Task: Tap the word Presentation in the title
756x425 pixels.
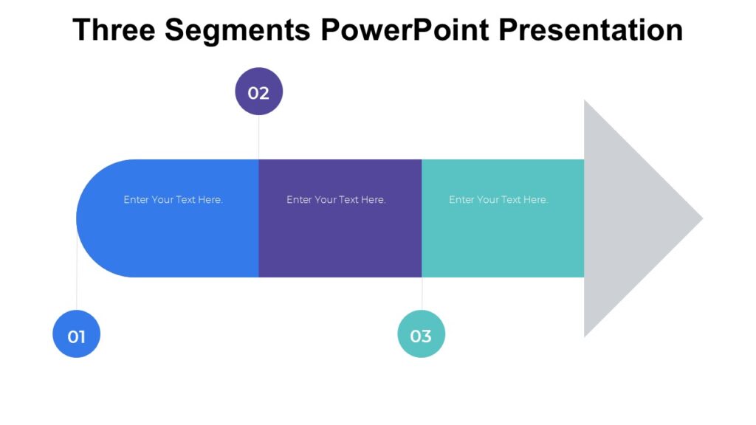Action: point(591,30)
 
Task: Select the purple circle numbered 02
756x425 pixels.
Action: point(258,91)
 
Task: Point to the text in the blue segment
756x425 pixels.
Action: point(173,200)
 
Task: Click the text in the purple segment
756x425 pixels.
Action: point(336,200)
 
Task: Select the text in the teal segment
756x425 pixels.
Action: point(498,200)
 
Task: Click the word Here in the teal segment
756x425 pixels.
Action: point(534,200)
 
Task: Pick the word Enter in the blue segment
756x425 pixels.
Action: point(136,200)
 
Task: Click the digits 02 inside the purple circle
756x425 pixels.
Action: point(258,93)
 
